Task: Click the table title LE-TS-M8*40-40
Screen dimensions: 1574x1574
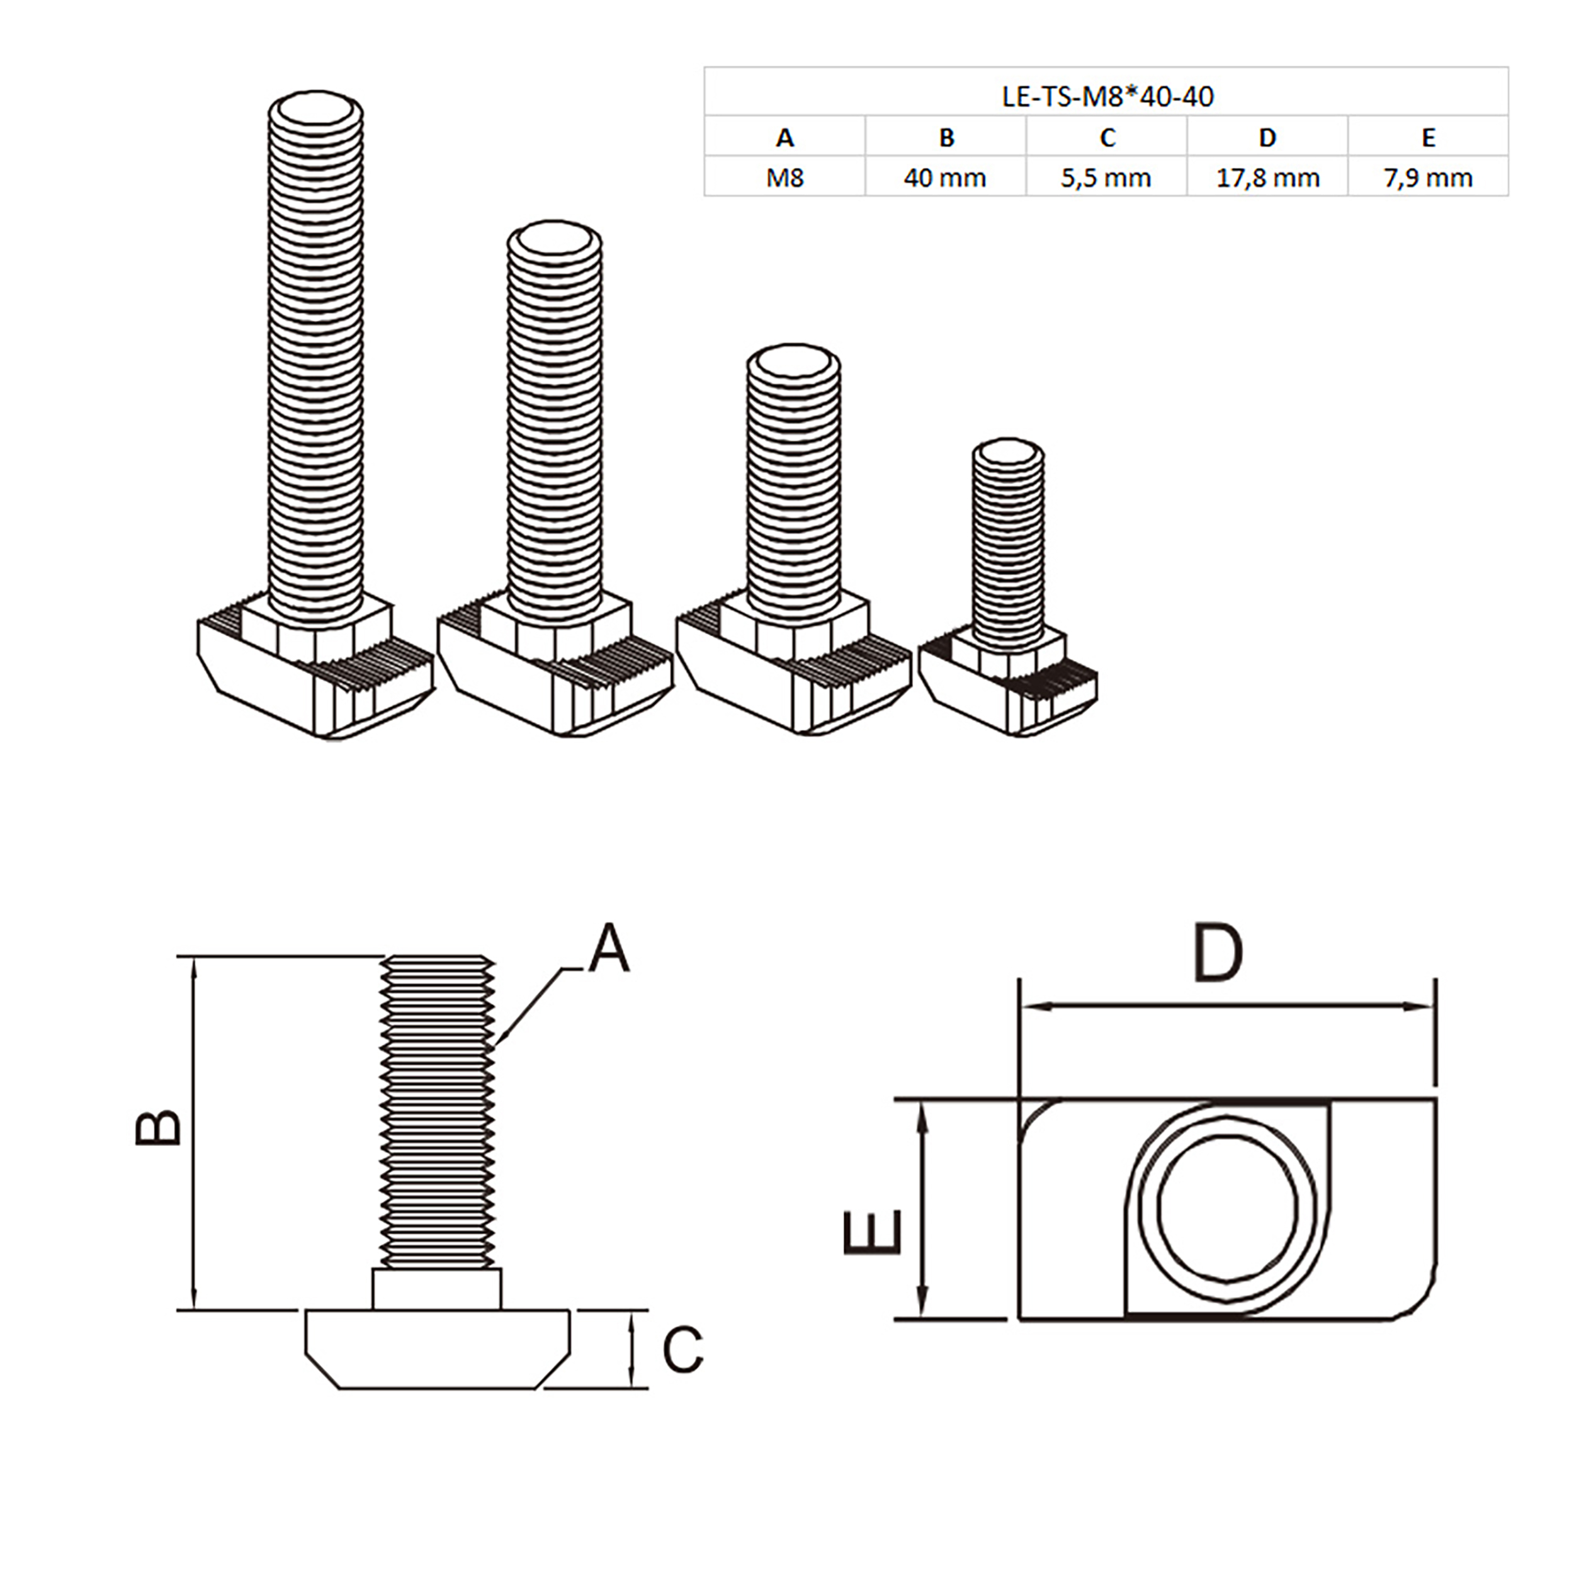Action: coord(1106,96)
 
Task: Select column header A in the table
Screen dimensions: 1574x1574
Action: coord(784,137)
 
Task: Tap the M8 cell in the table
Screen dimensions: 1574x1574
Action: coord(784,178)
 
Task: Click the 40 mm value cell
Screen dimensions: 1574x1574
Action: coord(945,178)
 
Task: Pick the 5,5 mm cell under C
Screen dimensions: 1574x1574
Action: coord(1106,178)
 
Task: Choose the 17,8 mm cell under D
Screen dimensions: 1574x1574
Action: coord(1267,178)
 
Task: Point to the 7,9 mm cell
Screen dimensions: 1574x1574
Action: coord(1428,178)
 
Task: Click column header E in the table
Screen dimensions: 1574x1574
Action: coord(1428,137)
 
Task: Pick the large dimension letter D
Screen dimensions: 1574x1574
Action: coord(1218,953)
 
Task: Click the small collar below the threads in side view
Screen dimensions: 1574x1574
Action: coord(437,1288)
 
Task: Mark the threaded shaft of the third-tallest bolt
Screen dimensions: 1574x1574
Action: coord(793,489)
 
